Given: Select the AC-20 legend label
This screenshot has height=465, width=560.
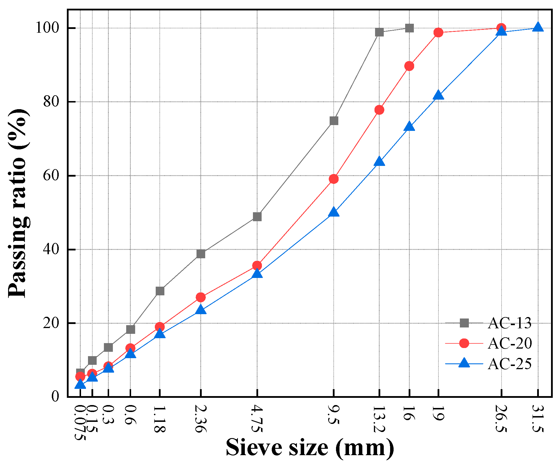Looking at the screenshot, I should (x=509, y=343).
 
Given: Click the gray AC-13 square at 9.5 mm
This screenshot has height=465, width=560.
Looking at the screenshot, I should (x=334, y=120).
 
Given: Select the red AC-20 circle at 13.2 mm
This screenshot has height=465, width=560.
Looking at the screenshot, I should (x=379, y=110).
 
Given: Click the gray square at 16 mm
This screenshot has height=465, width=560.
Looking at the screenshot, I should (x=409, y=28).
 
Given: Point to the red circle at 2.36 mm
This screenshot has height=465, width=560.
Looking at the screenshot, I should (x=201, y=297).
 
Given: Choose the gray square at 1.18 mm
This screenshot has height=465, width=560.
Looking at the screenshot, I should (x=160, y=291).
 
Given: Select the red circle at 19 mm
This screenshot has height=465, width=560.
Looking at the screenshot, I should (x=438, y=32).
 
